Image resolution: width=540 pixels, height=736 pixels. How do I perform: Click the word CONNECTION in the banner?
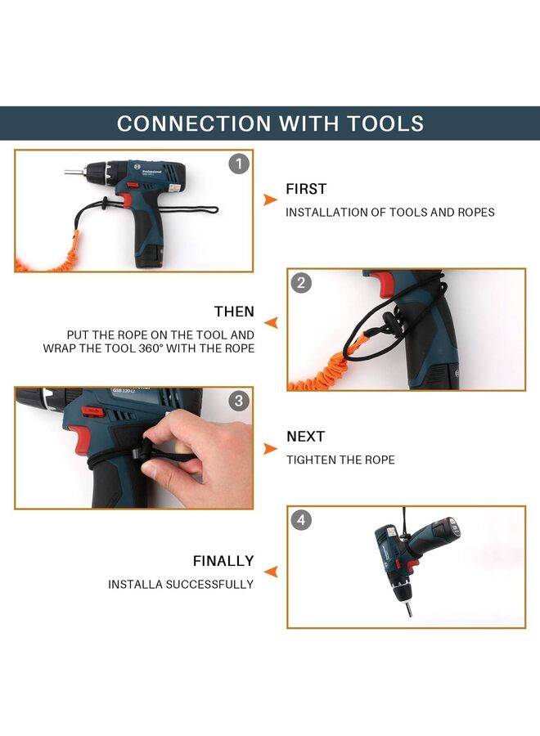194,123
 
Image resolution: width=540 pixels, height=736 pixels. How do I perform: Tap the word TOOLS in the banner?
385,123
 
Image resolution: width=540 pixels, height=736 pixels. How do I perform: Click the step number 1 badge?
239,164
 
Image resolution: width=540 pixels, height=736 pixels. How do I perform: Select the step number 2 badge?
301,283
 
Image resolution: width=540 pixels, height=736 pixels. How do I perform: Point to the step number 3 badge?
239,401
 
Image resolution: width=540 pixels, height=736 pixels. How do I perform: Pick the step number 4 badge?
301,520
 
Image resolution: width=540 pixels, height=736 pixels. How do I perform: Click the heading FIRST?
306,189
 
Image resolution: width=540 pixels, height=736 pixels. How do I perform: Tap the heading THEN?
234,312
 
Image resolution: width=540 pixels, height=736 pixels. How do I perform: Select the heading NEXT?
306,437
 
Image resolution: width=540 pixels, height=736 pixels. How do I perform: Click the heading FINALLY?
223,561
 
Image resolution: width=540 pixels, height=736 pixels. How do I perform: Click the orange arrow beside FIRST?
270,200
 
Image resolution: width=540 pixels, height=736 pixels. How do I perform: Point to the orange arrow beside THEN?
271,323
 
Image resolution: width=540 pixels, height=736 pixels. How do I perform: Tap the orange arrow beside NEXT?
270,449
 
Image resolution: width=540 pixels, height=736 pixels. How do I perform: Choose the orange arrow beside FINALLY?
271,572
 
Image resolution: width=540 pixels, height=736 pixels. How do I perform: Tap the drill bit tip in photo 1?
66,172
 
